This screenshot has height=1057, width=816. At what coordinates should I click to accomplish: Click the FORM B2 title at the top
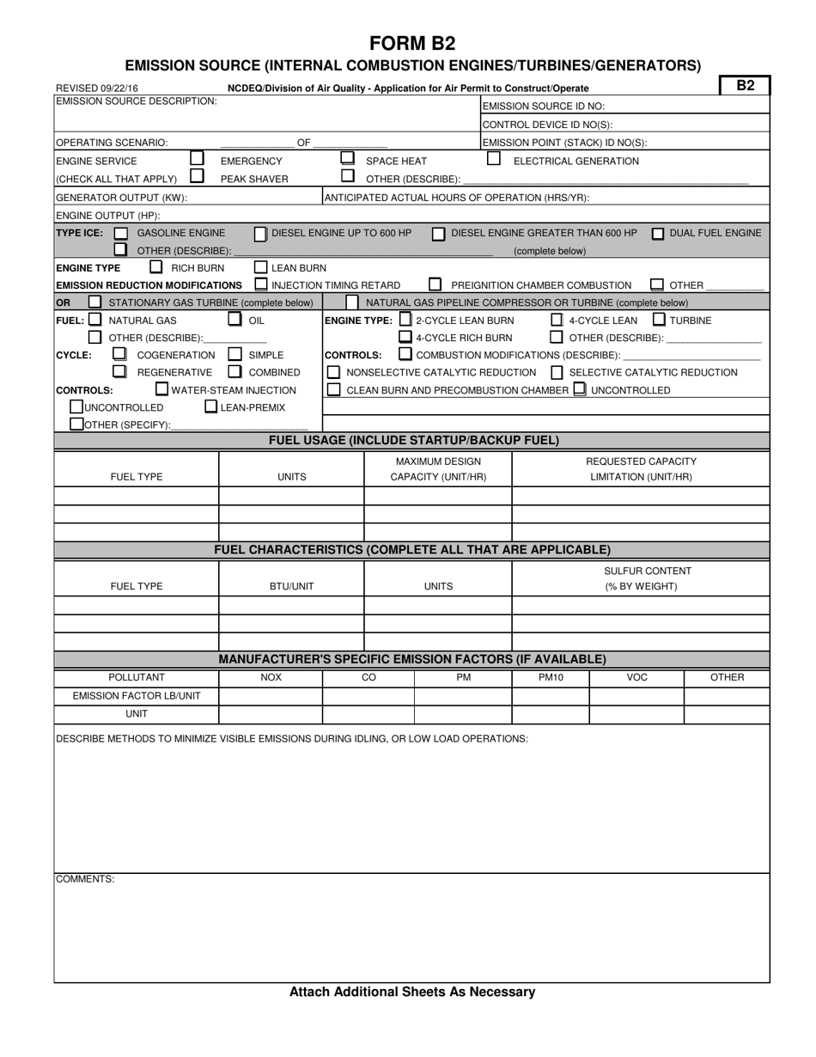[412, 44]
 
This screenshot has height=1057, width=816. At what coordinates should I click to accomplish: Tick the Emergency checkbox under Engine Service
[197, 158]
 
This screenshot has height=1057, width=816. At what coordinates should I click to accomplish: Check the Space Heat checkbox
[347, 158]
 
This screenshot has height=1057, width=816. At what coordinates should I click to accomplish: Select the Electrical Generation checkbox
[494, 158]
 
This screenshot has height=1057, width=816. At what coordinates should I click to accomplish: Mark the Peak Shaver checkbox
[197, 176]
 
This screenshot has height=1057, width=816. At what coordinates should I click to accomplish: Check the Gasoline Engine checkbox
[121, 233]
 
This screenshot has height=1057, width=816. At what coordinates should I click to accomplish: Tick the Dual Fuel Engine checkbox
[658, 233]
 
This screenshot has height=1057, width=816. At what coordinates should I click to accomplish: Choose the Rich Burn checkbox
[156, 267]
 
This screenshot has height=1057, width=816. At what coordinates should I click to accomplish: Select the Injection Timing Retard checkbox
[261, 284]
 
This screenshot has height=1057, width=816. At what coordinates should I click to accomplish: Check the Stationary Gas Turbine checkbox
[94, 302]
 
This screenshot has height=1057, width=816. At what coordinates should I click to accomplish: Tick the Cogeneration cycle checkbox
[120, 354]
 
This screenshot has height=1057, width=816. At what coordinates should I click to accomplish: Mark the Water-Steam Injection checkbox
[161, 389]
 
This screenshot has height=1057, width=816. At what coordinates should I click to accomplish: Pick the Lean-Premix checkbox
[210, 406]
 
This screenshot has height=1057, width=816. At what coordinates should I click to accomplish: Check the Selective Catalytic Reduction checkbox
[557, 372]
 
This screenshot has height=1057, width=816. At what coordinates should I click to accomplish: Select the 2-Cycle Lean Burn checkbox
[406, 320]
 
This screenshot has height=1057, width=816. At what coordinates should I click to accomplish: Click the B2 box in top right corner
[745, 85]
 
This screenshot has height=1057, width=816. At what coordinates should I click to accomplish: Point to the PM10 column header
[550, 677]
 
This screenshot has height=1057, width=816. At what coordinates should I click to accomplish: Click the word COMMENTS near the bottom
[85, 879]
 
